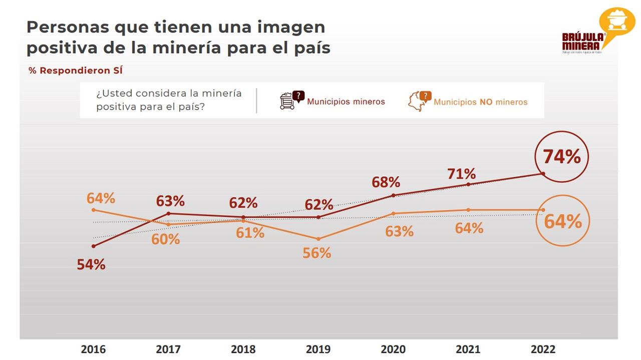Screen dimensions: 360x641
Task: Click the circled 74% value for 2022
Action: [561, 157]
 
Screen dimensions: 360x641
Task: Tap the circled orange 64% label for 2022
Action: [563, 221]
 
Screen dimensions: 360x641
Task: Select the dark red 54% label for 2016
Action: [91, 265]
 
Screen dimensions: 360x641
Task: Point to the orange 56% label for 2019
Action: [317, 253]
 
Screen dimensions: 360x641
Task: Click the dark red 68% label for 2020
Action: [386, 182]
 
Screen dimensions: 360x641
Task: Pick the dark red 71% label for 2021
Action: [461, 174]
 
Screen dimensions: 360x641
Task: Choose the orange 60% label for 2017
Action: [166, 239]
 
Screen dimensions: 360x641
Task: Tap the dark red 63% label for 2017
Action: [170, 201]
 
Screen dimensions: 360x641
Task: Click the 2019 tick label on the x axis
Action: [318, 349]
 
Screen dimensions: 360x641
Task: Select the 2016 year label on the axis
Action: [93, 349]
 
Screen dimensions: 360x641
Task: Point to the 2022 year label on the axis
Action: [543, 349]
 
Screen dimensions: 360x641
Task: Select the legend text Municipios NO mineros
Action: [480, 102]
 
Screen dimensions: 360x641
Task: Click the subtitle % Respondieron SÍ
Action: [76, 71]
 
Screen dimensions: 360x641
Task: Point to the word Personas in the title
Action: [67, 27]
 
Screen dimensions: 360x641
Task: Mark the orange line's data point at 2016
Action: [93, 210]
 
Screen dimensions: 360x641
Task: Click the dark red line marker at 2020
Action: [393, 195]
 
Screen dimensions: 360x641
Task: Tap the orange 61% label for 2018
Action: [250, 232]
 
